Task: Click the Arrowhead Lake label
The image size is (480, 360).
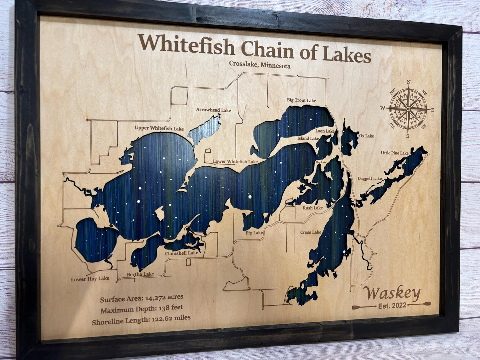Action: coord(213,110)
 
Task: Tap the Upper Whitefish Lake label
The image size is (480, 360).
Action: coord(159,128)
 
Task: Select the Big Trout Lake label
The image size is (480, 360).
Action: coord(301,100)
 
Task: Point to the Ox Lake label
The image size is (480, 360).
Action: coord(366,136)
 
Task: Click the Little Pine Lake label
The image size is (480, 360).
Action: coord(394,153)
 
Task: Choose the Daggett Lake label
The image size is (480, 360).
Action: coord(369,179)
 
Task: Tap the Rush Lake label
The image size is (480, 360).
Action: coord(312,208)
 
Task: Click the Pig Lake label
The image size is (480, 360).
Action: coord(254,233)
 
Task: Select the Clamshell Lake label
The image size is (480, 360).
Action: coord(181,253)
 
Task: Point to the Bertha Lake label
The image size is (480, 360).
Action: coord(140,274)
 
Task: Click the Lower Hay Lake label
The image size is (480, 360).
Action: coord(90,279)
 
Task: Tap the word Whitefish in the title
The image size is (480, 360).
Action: coord(186,46)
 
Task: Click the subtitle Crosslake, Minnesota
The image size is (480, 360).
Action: coord(259,65)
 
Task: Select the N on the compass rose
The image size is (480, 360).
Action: coord(409,82)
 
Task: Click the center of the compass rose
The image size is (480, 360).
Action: coord(408,109)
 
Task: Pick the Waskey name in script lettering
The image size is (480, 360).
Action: coord(391,293)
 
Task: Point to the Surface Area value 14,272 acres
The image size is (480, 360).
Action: coord(162,298)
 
